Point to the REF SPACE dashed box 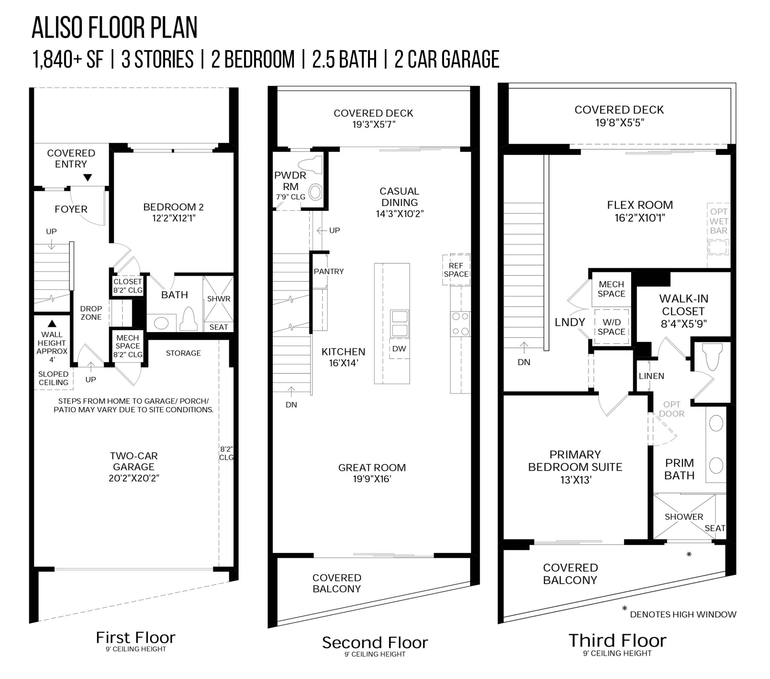coord(456,269)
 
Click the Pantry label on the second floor coord(329,271)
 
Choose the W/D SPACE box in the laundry coord(611,327)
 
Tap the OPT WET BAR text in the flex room coord(718,221)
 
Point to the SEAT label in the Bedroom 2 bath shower coord(218,327)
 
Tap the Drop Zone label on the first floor coord(91,313)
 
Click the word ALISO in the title coord(58,28)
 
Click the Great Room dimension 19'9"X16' coord(372,479)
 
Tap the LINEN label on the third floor coord(651,376)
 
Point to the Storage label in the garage coord(184,353)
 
